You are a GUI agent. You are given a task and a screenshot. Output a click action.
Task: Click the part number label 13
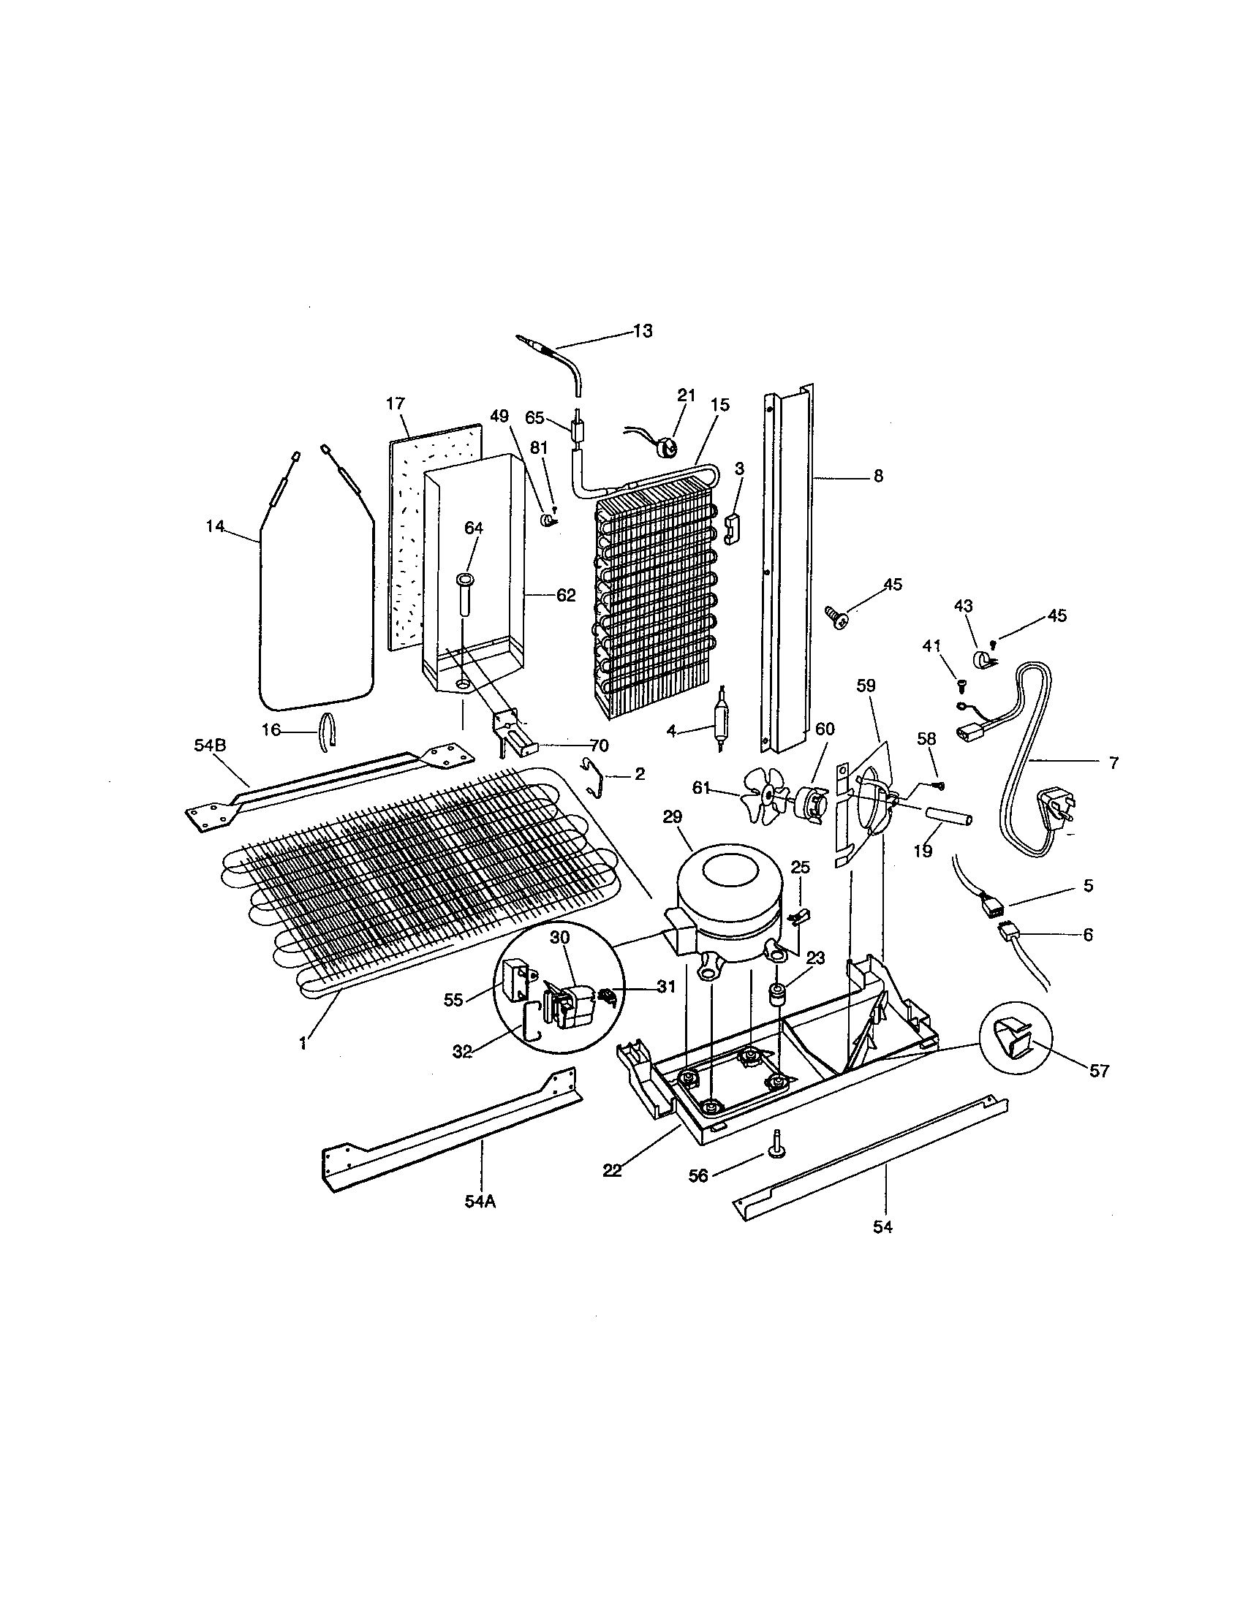(642, 331)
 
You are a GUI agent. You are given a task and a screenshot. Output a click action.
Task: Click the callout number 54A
(480, 1202)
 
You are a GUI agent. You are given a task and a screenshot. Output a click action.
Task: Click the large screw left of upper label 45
(834, 613)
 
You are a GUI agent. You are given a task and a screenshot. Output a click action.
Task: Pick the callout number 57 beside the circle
(1099, 1072)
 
